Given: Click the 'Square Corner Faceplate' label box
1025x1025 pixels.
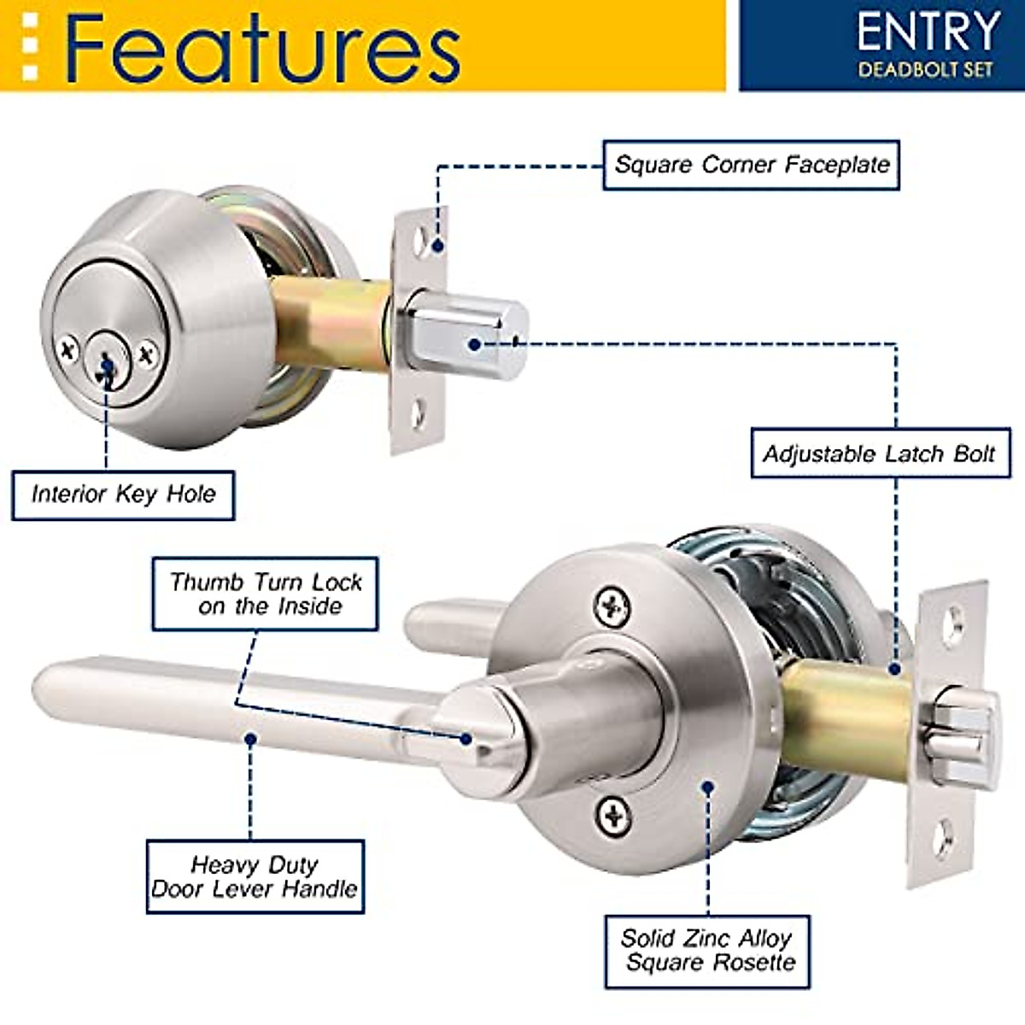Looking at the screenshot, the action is tap(751, 165).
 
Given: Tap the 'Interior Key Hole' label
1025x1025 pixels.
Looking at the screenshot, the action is tap(123, 494).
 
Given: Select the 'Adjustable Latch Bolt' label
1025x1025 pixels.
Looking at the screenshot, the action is tap(879, 454).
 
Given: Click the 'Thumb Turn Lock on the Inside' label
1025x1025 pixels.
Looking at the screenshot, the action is tap(266, 594).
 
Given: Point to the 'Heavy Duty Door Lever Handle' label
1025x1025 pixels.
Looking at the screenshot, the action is tap(255, 877).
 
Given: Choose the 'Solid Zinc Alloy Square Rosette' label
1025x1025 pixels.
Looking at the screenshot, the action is tap(708, 952).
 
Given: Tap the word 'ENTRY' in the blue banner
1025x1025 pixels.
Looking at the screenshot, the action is tap(928, 32).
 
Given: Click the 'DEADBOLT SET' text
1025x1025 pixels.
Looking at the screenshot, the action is tap(926, 70).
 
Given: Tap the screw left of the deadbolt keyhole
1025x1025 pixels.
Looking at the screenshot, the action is tap(68, 348).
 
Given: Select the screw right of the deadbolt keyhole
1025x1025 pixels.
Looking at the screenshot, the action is tap(148, 352).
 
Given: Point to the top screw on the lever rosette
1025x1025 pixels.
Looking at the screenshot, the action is tap(612, 607).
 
